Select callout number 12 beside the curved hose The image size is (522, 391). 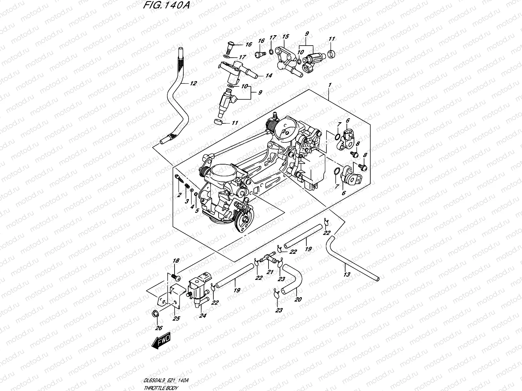click(x=193, y=83)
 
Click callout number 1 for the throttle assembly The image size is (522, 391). click(x=330, y=85)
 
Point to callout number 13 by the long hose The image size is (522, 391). click(x=347, y=274)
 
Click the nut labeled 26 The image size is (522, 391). click(x=155, y=314)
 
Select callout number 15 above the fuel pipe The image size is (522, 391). click(x=286, y=36)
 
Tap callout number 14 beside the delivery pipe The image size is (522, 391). click(x=269, y=76)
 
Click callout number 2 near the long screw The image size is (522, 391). click(x=179, y=195)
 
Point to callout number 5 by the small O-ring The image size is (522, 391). click(x=197, y=211)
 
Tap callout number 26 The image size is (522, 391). click(x=159, y=328)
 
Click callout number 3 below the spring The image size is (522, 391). click(x=187, y=201)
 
